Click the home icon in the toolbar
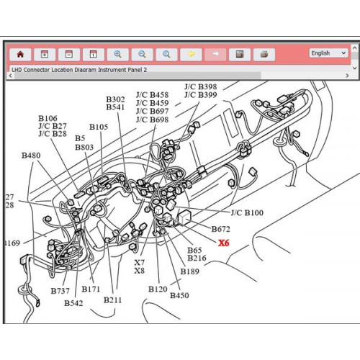click(20, 53)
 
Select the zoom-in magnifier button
click(117, 53)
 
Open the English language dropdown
click(328, 53)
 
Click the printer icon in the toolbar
click(264, 53)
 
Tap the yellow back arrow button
click(191, 53)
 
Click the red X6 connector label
click(224, 243)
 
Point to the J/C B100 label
click(247, 213)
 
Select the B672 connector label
click(221, 229)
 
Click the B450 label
click(179, 295)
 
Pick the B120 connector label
click(158, 289)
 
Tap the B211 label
click(112, 299)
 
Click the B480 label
click(31, 156)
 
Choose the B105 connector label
click(99, 127)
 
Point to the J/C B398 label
click(200, 86)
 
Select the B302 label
click(115, 99)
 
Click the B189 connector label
click(190, 271)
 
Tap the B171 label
click(91, 289)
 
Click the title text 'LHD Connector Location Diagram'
click(65, 70)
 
